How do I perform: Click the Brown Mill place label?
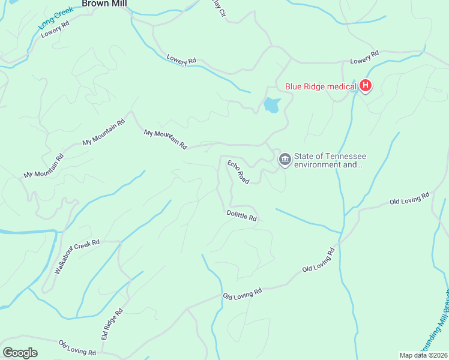106,4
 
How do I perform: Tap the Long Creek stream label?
55,18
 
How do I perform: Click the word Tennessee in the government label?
345,156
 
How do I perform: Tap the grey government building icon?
285,160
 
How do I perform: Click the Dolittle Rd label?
242,215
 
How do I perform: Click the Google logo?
20,353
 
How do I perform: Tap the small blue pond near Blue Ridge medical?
272,105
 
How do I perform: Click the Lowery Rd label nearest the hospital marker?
365,58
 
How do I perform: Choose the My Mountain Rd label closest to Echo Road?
166,139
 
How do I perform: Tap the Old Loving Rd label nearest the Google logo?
77,347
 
